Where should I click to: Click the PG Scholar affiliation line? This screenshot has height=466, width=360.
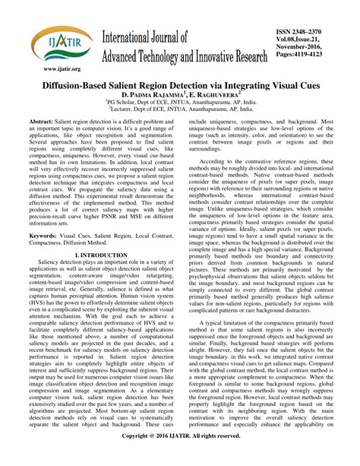pos(180,109)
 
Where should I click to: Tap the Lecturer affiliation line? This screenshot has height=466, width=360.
pos(180,118)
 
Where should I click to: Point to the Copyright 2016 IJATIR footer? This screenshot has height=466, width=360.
pos(180,458)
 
